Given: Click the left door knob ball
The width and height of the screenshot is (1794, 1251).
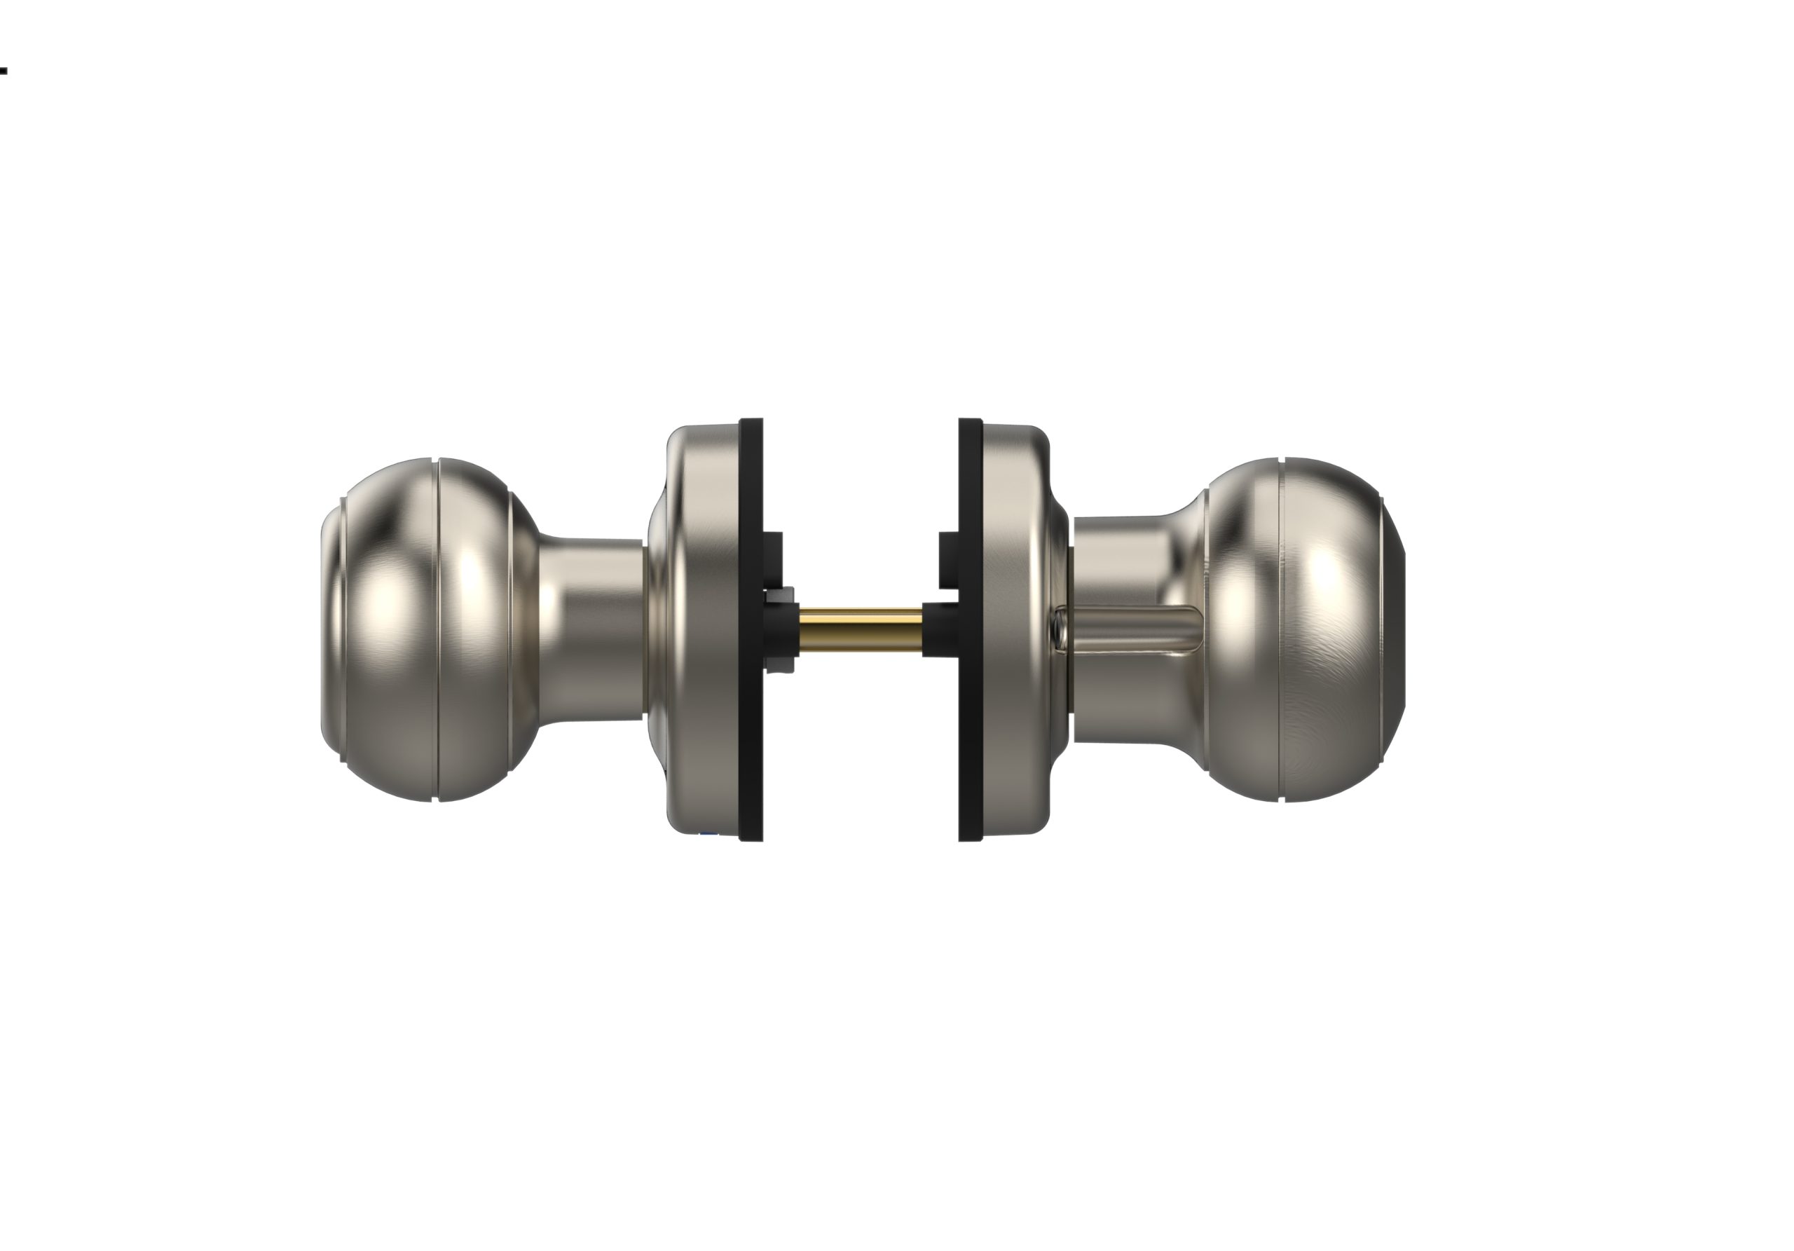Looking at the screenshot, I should (x=422, y=629).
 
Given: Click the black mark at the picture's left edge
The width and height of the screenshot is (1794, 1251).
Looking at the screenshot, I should (x=3, y=71).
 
